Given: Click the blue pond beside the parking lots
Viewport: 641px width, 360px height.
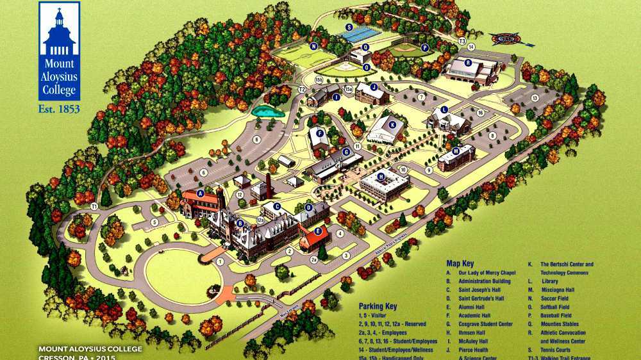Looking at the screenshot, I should coord(268,111).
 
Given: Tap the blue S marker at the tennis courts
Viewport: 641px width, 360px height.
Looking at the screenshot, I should coord(349,28).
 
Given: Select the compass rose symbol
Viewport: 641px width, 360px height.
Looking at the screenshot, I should coord(511,38).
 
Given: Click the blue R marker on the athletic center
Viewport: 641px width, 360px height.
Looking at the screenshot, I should coord(469,62).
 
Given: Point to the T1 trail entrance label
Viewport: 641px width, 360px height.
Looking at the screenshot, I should coord(94,206).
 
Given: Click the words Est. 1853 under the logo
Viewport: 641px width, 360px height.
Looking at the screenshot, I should coord(59,109).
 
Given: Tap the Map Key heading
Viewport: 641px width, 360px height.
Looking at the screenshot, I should coord(460,263).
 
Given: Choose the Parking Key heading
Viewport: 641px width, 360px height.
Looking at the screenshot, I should coord(378,306).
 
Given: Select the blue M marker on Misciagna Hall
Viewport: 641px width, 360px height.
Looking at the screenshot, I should coord(456,151).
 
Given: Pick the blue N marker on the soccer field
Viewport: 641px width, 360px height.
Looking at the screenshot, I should coord(313,47).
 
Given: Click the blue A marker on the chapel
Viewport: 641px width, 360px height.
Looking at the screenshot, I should coord(201,193).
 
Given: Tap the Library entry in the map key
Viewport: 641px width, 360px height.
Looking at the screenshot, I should coord(550,281).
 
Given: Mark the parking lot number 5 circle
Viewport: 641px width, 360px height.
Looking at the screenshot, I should coord(154,222).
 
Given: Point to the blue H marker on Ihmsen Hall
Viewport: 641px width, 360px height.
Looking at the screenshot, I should coord(381,177).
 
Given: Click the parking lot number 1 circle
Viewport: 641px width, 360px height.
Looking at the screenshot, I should coord(220,261).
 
